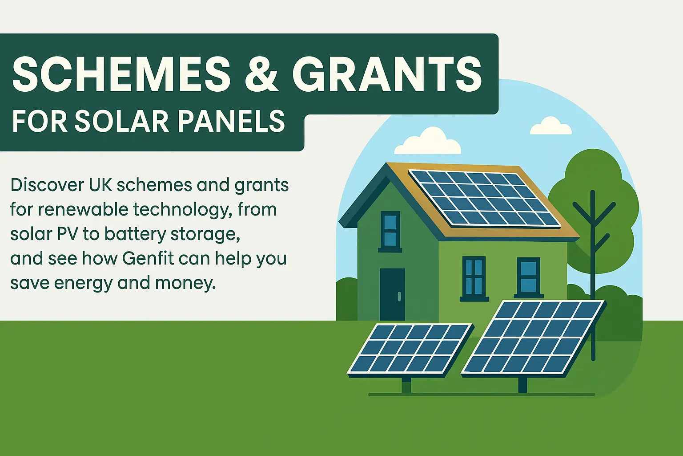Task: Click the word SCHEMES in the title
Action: coord(121,74)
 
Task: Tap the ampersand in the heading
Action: coord(261,74)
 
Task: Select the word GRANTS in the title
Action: coord(386,74)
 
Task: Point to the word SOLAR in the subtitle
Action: coord(122,121)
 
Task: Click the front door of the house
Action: coord(392,294)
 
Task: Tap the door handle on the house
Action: coord(399,296)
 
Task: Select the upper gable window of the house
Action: coord(390,232)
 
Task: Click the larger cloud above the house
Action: coord(427,141)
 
